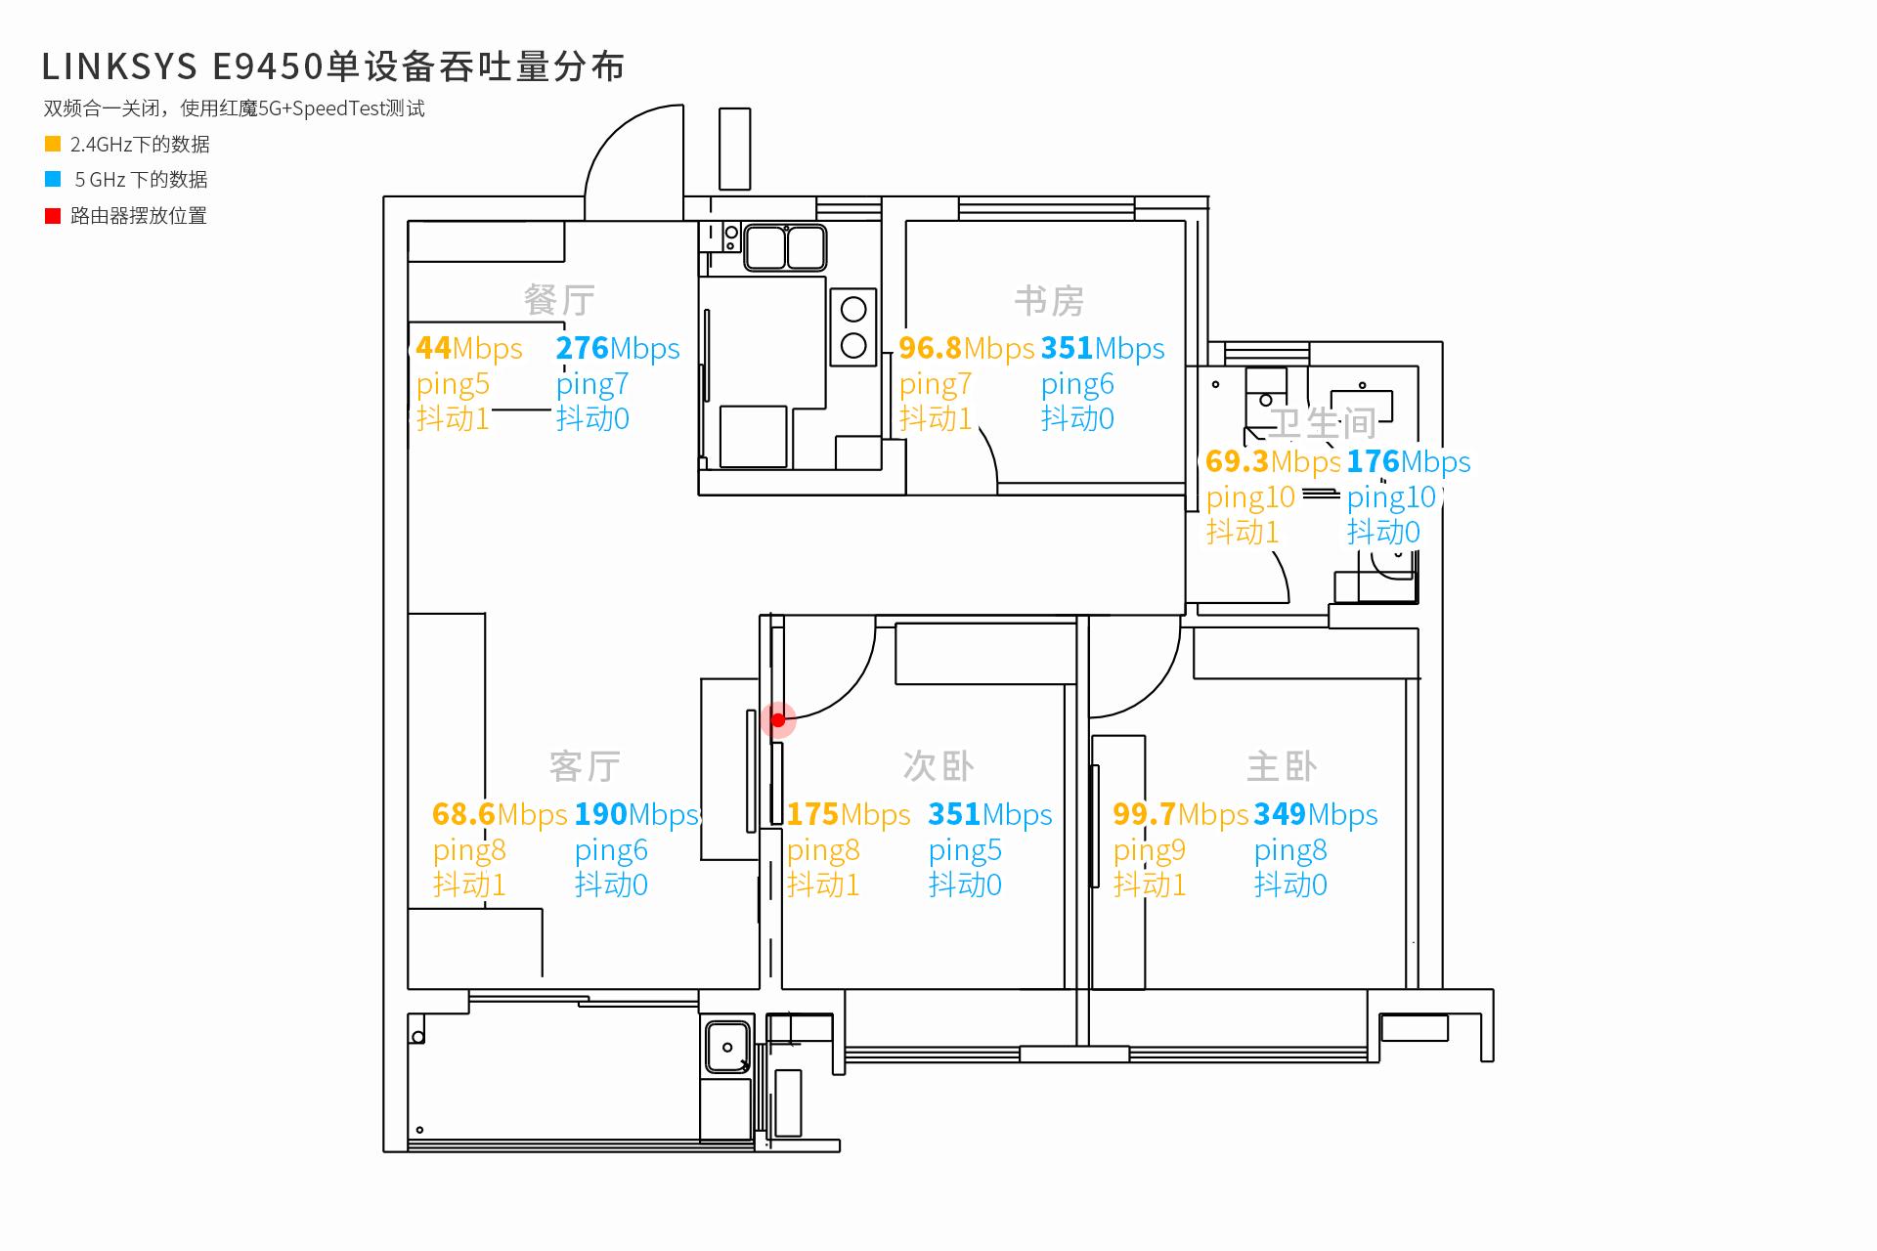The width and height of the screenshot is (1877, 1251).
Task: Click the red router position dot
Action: click(778, 720)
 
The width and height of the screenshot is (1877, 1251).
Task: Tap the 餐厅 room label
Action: click(559, 300)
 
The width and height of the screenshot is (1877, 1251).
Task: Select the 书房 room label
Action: click(1049, 301)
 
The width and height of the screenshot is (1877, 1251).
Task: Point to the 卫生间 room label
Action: click(1323, 423)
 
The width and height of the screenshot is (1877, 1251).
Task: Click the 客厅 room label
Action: click(585, 766)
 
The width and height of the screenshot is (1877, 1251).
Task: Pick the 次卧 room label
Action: click(938, 766)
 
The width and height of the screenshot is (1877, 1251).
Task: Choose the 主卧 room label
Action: click(1282, 766)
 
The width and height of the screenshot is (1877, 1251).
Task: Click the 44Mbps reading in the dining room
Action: click(469, 348)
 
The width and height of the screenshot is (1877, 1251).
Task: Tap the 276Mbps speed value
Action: click(618, 348)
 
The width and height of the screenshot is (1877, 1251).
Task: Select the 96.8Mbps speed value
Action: click(966, 348)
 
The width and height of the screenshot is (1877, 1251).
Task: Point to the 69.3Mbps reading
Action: click(1273, 461)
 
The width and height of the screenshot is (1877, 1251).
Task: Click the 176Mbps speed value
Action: click(1409, 461)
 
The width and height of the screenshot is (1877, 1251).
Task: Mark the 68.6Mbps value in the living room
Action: click(500, 814)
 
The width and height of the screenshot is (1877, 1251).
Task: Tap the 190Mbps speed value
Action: click(637, 814)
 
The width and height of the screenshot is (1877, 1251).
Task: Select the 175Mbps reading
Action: click(849, 814)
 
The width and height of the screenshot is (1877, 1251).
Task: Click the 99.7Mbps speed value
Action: click(1180, 814)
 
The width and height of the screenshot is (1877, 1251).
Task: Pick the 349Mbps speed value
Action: click(1316, 814)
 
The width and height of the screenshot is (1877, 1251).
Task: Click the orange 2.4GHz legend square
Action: click(53, 144)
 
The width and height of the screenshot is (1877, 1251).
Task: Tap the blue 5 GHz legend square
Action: click(53, 179)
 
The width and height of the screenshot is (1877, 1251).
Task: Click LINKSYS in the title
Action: click(118, 66)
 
